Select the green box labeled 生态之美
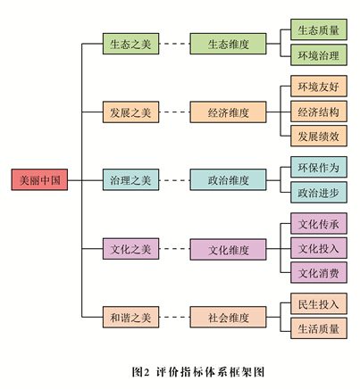tap(130, 43)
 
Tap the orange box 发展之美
tap(130, 112)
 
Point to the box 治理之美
tap(130, 179)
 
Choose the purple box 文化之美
tap(130, 247)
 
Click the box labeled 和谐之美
tap(130, 316)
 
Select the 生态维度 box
tap(229, 43)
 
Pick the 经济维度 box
tap(229, 112)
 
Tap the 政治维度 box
tap(229, 179)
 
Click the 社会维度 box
tap(229, 316)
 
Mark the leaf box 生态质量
tap(319, 30)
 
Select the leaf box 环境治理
tap(319, 55)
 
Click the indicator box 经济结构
tap(319, 112)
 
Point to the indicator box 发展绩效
tap(319, 136)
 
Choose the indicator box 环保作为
tap(319, 168)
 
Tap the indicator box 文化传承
tap(319, 223)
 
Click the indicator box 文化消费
tap(319, 272)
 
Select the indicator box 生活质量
tap(319, 328)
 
